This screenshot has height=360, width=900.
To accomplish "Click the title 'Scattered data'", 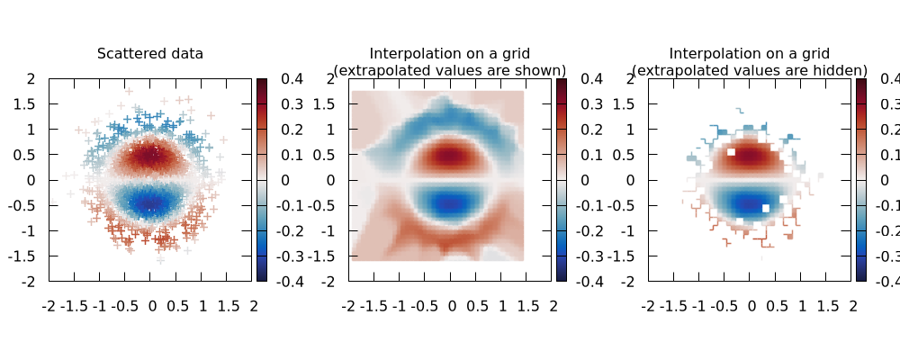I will pyautogui.click(x=150, y=54).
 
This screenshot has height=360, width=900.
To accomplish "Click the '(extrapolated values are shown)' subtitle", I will pyautogui.click(x=450, y=70).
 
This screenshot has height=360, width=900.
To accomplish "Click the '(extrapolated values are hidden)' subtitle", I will pyautogui.click(x=750, y=70).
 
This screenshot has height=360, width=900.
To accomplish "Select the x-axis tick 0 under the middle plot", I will pyautogui.click(x=451, y=306).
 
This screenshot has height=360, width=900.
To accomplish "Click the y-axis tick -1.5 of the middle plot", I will pyautogui.click(x=325, y=256).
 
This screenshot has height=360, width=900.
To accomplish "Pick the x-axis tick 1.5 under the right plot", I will pyautogui.click(x=827, y=306).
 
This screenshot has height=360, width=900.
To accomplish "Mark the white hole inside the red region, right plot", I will pyautogui.click(x=731, y=152).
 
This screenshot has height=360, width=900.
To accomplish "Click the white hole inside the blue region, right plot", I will pyautogui.click(x=766, y=208).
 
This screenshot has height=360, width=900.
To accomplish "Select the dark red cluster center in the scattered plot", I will pyautogui.click(x=150, y=155).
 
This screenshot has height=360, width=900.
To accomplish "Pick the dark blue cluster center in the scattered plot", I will pyautogui.click(x=150, y=203).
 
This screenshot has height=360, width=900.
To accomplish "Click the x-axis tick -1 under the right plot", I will pyautogui.click(x=698, y=306).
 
